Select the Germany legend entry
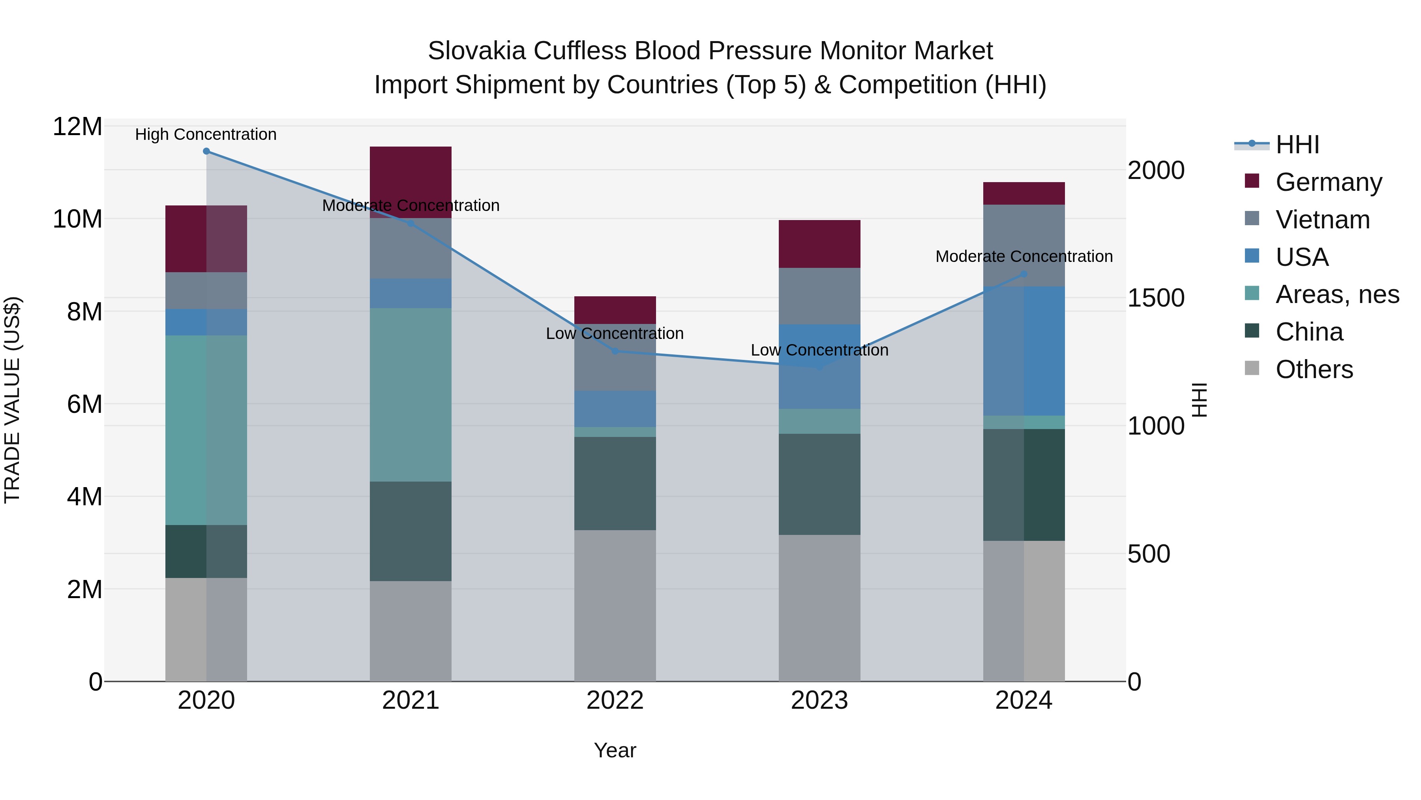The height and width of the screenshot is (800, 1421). tap(1328, 182)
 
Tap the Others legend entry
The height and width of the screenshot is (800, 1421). tap(1314, 369)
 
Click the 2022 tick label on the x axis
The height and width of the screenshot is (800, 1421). tap(615, 700)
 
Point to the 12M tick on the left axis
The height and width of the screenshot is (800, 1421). tap(77, 127)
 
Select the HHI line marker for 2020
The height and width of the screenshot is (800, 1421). tap(206, 151)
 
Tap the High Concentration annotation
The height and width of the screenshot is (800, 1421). tap(206, 135)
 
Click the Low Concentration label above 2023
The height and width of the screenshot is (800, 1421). tap(819, 350)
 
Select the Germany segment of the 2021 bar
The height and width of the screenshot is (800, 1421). tap(411, 177)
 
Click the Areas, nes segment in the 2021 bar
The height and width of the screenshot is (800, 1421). tap(411, 395)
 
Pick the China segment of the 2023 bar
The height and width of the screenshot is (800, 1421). tap(819, 484)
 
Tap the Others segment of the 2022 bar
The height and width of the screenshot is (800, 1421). tap(615, 606)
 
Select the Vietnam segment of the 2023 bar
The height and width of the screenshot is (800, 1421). tap(819, 296)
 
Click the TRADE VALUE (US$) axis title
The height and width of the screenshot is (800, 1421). tap(12, 400)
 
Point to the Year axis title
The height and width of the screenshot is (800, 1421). tap(615, 750)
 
